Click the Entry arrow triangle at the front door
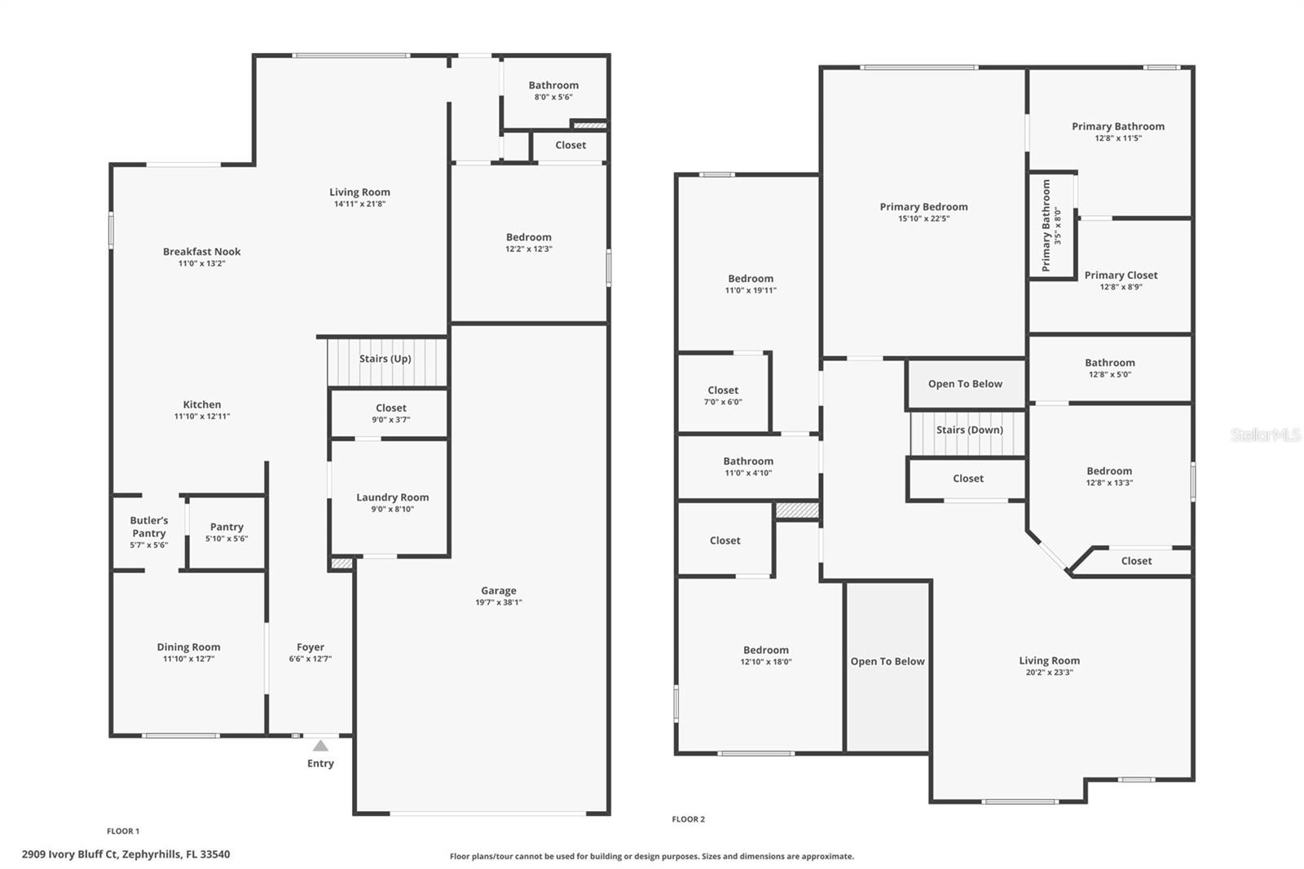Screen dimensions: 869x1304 point(320,745)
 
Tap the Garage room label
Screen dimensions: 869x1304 point(498,591)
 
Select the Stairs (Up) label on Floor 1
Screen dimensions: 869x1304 point(385,359)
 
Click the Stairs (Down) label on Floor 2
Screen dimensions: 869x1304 point(969,430)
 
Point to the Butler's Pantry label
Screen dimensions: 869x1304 point(149,527)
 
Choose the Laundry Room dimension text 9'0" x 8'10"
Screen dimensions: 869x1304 point(391,509)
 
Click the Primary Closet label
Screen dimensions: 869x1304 point(1121,276)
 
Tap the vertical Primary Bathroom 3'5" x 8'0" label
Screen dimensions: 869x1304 point(1051,226)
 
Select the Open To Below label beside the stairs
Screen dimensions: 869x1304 point(965,384)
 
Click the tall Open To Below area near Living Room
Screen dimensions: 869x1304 point(888,661)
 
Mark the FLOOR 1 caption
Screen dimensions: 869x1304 point(123,832)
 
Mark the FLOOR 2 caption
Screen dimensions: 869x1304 point(688,819)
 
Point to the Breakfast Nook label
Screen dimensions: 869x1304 point(201,252)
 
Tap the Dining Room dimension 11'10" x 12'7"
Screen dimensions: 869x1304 point(188,659)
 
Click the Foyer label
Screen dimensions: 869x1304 point(310,647)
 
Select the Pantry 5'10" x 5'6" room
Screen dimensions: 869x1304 point(227,532)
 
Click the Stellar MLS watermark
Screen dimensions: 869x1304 point(1265,435)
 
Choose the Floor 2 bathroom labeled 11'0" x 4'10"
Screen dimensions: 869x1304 point(747,466)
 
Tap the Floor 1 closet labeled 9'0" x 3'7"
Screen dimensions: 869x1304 point(390,413)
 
